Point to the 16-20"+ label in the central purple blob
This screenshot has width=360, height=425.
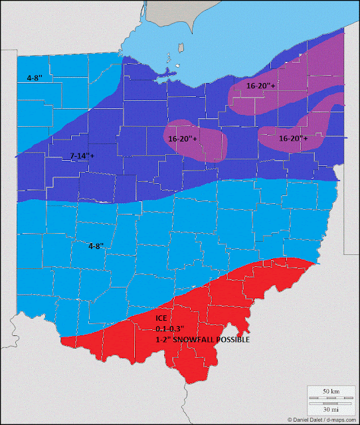point(183,139)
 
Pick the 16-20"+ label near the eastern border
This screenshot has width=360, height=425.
point(293,139)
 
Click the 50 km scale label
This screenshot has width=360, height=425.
point(330,392)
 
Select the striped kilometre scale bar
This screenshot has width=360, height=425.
point(330,398)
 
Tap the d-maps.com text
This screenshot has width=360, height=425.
point(342,420)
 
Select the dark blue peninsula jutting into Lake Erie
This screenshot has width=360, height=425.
point(163,82)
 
